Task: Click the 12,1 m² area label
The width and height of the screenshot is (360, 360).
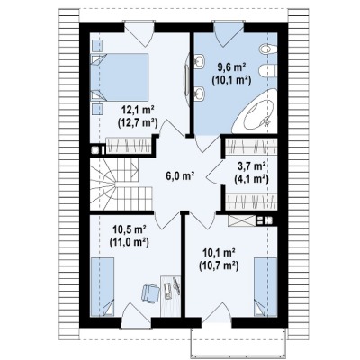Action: [138, 110]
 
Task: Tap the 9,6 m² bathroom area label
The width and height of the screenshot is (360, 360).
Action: [231, 68]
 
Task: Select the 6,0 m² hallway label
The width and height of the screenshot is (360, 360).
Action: [180, 175]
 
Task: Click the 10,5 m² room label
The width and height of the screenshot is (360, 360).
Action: [130, 229]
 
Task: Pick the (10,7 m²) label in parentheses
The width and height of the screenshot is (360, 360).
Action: [219, 265]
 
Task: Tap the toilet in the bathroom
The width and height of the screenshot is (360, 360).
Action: [267, 71]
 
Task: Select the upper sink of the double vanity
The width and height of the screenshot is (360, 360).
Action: [200, 60]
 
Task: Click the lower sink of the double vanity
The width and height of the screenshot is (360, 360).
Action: [200, 93]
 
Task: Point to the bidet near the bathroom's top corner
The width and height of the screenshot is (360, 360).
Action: [268, 49]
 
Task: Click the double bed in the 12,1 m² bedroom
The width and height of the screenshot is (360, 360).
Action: [120, 77]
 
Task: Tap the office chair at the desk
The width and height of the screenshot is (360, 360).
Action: [150, 292]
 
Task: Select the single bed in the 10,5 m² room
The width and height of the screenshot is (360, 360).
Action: [103, 287]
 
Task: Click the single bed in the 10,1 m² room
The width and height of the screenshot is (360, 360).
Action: [265, 287]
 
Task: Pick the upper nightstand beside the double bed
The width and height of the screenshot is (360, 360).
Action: [96, 46]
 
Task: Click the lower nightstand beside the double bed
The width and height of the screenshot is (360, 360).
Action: [96, 109]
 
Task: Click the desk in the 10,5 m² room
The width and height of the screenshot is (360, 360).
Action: [170, 296]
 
